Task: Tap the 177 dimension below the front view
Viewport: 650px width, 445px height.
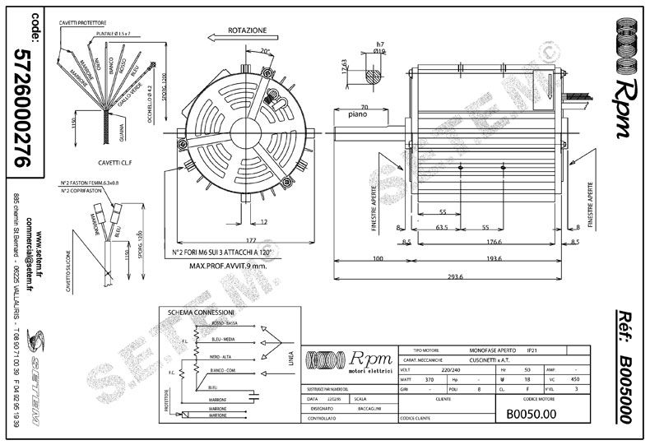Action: [x=228, y=242]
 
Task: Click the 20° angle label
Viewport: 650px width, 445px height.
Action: [x=265, y=52]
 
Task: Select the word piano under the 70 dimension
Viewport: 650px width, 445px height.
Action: [x=358, y=117]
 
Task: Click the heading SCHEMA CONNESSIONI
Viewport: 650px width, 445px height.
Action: [x=202, y=313]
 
